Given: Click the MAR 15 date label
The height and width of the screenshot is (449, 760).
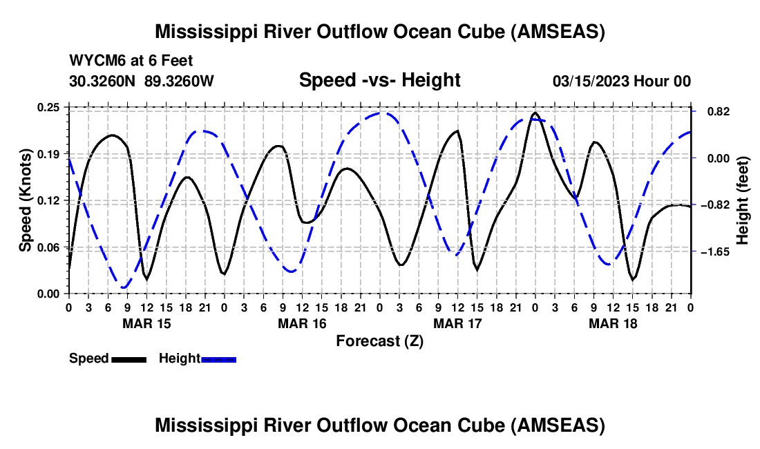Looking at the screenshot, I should [146, 323].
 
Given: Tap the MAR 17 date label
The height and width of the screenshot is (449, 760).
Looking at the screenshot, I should [457, 323].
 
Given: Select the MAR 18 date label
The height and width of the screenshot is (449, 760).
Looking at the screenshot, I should [612, 323].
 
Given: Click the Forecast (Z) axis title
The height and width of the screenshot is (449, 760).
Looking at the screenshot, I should [379, 341].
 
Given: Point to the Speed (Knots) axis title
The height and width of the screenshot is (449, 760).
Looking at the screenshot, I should [26, 200].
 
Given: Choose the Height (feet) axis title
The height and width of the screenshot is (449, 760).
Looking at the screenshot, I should [743, 200].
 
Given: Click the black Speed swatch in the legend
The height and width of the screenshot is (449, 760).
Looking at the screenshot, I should [129, 359].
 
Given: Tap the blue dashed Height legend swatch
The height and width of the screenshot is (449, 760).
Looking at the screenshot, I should [219, 359].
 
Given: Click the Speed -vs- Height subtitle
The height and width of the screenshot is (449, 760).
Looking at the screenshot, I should [379, 80].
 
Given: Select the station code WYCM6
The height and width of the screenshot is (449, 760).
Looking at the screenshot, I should [93, 61].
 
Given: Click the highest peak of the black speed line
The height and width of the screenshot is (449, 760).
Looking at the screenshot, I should [535, 113].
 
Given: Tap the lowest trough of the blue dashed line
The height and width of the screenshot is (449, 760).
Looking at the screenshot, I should [124, 287].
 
